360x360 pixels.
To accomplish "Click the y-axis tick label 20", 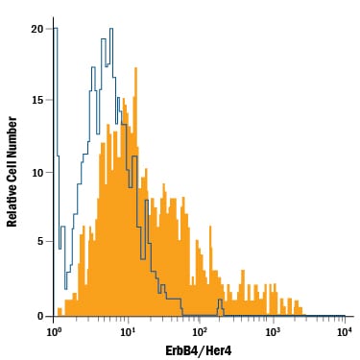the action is [36, 29].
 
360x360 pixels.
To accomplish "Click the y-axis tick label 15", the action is [36, 100].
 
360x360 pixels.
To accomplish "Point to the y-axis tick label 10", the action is [36, 173].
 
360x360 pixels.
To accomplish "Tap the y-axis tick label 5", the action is [40, 241].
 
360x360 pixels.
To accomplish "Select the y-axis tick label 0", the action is [40, 316].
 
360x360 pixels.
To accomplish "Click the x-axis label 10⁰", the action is [54, 331].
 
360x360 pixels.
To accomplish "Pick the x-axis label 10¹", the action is [127, 331].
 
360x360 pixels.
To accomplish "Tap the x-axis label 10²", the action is [200, 331].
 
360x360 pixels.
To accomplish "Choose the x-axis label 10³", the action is [273, 331].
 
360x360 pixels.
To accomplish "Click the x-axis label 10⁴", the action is [345, 331].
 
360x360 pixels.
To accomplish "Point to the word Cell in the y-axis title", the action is [12, 172].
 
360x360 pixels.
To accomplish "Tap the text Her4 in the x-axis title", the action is [219, 350].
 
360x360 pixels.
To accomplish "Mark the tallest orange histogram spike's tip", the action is [135, 67].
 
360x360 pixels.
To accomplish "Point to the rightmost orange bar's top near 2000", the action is [300, 307].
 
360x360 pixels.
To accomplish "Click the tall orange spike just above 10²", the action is [210, 226].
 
